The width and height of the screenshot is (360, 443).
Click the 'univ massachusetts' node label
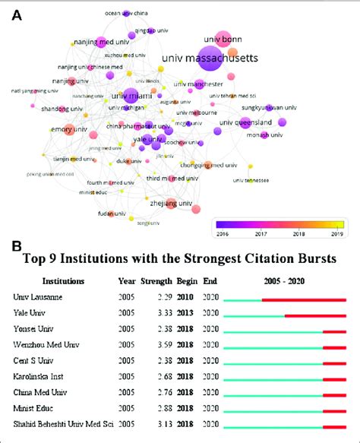(210, 58)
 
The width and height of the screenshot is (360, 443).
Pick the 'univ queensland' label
(248, 122)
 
